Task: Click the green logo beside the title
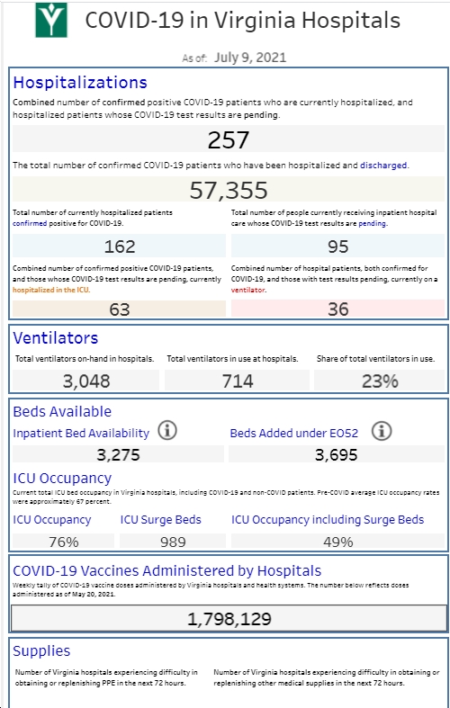pos(51,20)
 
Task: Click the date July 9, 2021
pos(250,58)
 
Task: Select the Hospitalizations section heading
pos(80,83)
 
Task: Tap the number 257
pos(229,140)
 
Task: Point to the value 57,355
pos(229,190)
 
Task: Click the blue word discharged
pos(383,166)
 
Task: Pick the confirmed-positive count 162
pos(120,246)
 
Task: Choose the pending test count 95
pos(338,246)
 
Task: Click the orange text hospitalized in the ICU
pos(51,290)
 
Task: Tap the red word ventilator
pos(248,290)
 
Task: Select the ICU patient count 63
pos(120,309)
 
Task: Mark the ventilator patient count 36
pos(338,309)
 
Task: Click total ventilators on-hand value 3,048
pos(86,381)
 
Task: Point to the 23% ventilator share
pos(380,381)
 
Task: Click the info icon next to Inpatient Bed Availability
pos(167,431)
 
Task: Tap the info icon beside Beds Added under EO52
pos(382,431)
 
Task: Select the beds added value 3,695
pos(336,454)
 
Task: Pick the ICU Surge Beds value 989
pos(173,542)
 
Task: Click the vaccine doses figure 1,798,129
pos(229,619)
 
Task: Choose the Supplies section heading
pos(41,651)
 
